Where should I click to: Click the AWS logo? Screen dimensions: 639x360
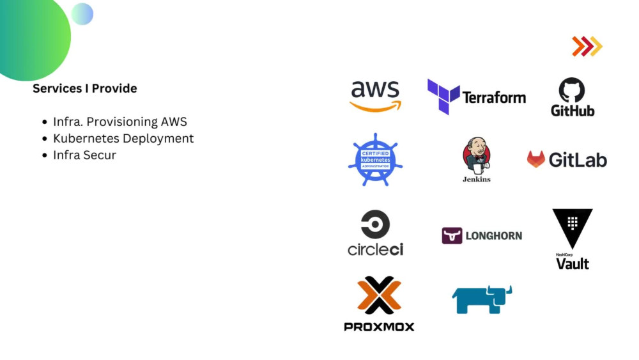pos(375,96)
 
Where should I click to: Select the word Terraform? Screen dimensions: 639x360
pos(494,98)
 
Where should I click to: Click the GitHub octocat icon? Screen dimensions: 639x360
pos(572,90)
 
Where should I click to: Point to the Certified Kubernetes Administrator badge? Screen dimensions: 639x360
pos(375,159)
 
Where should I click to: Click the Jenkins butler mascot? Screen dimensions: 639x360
pos(477,156)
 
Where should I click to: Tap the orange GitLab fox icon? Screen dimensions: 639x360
pos(536,159)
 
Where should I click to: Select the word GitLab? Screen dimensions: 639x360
pos(578,160)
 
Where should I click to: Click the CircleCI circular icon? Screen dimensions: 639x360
pos(375,224)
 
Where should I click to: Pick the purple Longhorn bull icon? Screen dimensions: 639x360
pos(452,236)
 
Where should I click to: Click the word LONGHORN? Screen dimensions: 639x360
pos(494,236)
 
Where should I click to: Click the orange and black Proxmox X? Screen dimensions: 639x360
pos(380,295)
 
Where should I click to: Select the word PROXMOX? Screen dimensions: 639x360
pos(379,327)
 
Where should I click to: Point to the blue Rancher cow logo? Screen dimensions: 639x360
pos(482,300)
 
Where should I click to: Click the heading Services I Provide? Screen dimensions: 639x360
pos(85,88)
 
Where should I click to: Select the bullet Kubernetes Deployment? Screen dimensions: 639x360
pos(123,139)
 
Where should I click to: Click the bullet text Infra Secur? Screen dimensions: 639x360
pos(85,155)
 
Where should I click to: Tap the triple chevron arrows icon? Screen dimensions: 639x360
pos(587,46)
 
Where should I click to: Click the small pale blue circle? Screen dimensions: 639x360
pos(82,14)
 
